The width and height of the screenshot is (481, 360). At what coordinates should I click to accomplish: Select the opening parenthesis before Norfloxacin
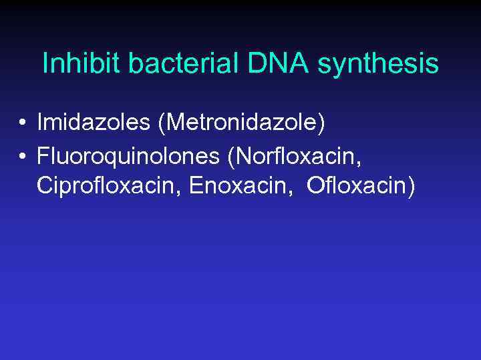coord(232,157)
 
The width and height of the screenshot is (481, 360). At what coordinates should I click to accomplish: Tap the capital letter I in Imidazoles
coord(40,122)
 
